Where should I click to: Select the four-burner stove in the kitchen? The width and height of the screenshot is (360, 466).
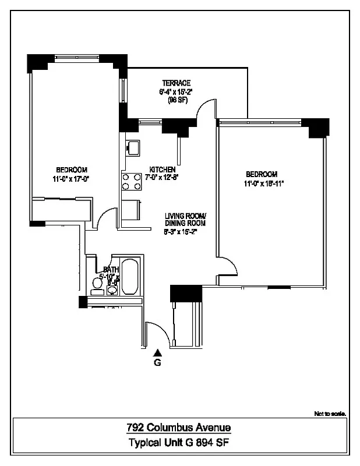click(132, 182)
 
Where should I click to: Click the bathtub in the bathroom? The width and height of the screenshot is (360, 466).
click(130, 277)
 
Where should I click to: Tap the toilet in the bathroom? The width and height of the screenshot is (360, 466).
click(97, 284)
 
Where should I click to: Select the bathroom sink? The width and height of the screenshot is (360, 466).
click(112, 290)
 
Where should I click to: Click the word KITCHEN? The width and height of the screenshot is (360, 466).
click(163, 170)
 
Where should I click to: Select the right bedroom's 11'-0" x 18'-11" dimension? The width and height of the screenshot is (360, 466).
click(264, 183)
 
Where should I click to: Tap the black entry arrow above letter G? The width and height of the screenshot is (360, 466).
click(157, 352)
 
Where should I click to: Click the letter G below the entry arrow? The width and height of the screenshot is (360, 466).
click(157, 362)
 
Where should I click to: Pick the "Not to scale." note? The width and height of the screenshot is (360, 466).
click(330, 414)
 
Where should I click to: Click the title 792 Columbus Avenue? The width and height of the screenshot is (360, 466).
click(179, 428)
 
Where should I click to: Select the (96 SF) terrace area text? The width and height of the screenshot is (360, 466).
click(175, 100)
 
